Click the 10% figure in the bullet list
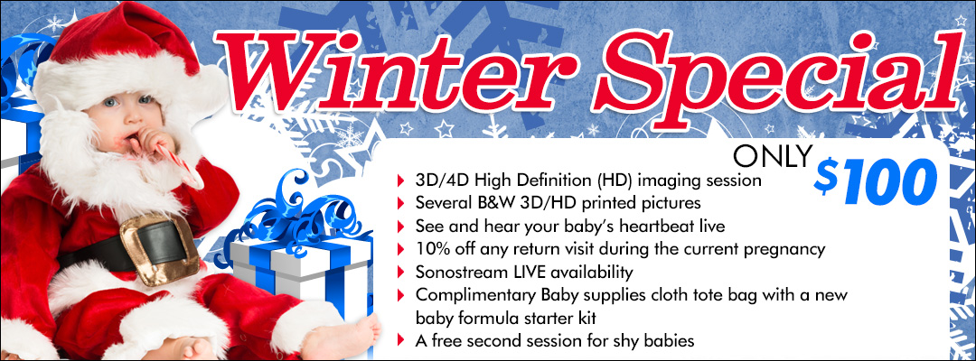pos(430,250)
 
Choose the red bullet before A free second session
pos(400,340)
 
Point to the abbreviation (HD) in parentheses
pos(614,181)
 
